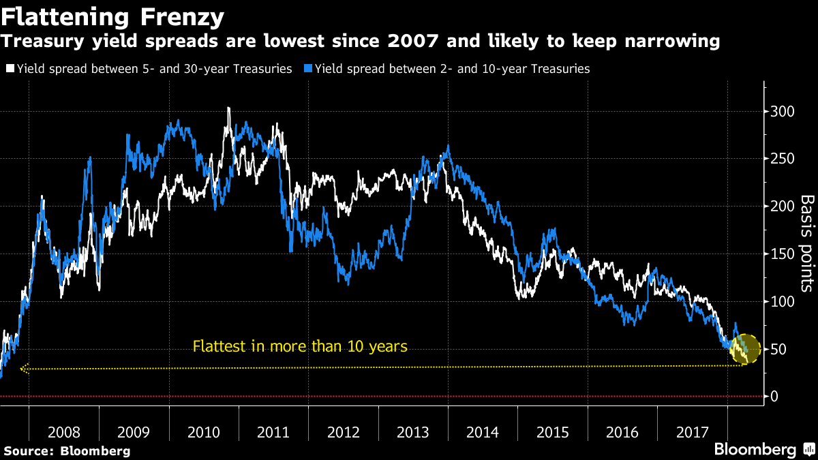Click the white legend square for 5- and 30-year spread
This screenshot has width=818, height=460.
coord(10,69)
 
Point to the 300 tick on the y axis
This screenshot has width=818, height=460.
coord(783,111)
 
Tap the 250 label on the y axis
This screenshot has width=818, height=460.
coord(783,159)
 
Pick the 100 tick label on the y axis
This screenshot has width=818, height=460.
coord(783,301)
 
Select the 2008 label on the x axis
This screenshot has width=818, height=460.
coord(64,432)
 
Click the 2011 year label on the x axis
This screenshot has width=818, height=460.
coord(273,432)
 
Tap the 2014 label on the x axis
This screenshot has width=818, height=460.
coord(483,432)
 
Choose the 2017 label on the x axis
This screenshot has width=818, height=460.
coord(692,432)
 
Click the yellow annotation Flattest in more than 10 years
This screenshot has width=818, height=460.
coord(300,346)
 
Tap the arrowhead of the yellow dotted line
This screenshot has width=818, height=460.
coord(24,369)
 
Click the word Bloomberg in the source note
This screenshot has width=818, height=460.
coord(95,450)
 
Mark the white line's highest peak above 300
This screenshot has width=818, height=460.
coord(228,108)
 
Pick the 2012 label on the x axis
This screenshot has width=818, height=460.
coord(343,432)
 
